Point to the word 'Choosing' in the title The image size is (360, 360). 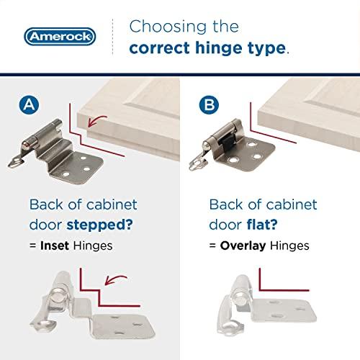(x=163, y=27)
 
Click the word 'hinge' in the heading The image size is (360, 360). (x=220, y=49)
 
